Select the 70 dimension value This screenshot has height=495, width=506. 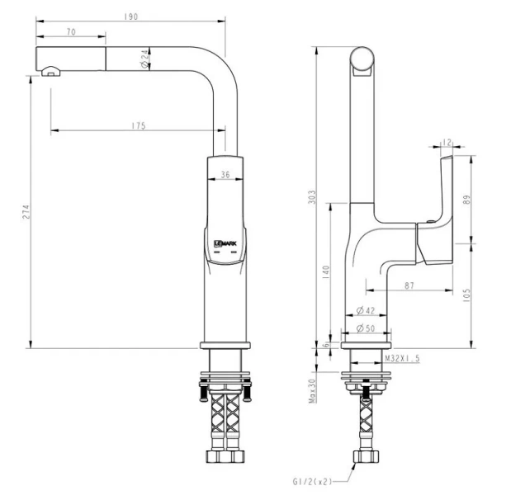pyautogui.click(x=71, y=31)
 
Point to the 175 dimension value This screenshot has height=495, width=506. pyautogui.click(x=138, y=125)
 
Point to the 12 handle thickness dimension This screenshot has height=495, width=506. pyautogui.click(x=446, y=143)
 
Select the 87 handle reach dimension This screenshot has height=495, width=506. pyautogui.click(x=409, y=285)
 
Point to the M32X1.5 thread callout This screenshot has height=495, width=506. pyautogui.click(x=403, y=359)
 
